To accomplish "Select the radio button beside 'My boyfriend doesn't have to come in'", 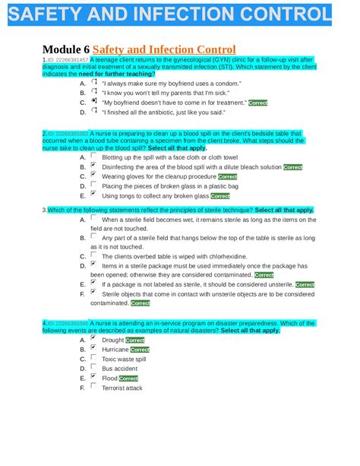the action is (93, 100).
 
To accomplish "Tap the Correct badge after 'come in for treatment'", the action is (257, 103).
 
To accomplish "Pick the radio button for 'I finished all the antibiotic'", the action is (93, 110).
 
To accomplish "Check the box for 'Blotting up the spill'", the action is (93, 155).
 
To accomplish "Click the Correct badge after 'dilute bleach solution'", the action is (292, 167).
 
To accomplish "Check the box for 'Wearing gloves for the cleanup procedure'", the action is (93, 174).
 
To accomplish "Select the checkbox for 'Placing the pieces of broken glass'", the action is (93, 184).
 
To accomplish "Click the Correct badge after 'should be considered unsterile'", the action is (305, 285).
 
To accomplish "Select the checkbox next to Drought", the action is (93, 338).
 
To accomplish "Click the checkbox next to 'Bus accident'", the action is (93, 367).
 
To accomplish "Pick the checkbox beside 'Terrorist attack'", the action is (93, 386).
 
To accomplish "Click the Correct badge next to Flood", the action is (128, 378).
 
